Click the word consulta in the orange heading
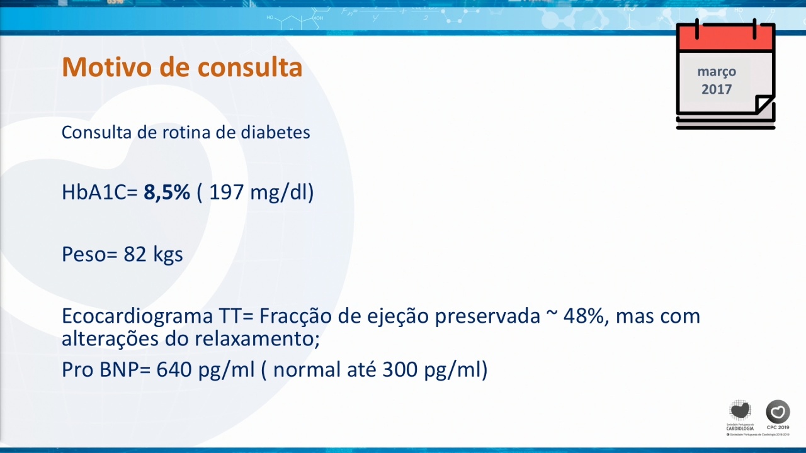click(250, 67)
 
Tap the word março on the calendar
click(717, 72)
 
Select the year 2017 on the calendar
click(717, 89)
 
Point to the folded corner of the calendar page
click(763, 104)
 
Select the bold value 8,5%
click(167, 192)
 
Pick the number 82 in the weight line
click(135, 254)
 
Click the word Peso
click(84, 254)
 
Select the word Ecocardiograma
click(137, 316)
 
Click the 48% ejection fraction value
click(582, 316)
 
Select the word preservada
click(487, 316)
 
